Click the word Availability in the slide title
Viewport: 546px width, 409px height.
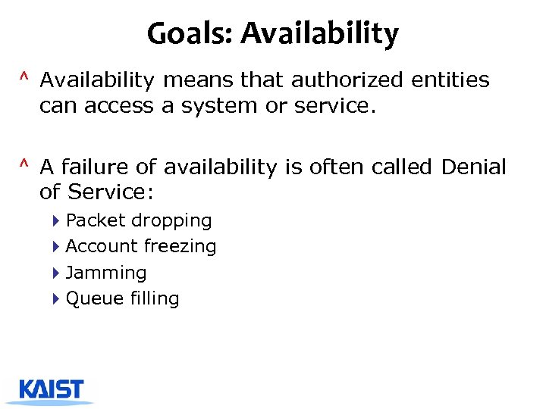coord(319,35)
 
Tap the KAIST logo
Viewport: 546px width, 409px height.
coord(51,390)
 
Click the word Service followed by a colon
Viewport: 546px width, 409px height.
coord(111,192)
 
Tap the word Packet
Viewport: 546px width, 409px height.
coord(96,221)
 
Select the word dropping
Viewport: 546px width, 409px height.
coord(171,221)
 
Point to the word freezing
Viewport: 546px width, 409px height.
coord(180,247)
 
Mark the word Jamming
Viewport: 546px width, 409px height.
coord(106,273)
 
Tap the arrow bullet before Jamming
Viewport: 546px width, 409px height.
coord(57,273)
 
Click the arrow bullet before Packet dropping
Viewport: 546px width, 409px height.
coord(57,221)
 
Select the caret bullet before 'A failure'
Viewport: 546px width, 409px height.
coord(25,164)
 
